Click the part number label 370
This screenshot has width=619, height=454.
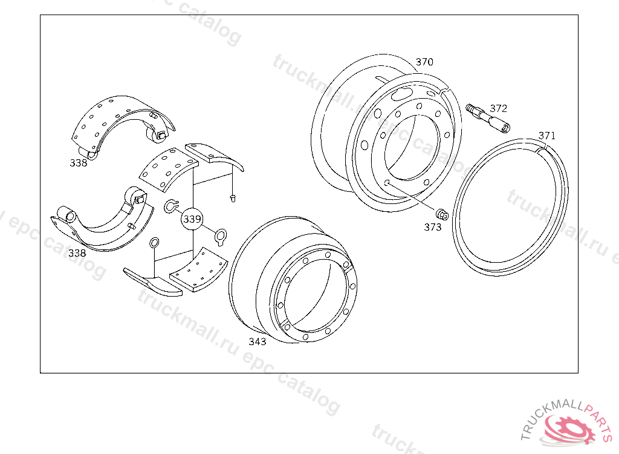[x=424, y=62]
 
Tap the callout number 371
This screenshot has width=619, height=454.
[x=546, y=136]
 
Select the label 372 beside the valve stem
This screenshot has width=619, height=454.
[x=499, y=108]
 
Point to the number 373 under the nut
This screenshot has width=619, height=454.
[x=433, y=227]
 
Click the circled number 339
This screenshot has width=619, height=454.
[x=192, y=219]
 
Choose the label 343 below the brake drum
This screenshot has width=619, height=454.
[x=258, y=341]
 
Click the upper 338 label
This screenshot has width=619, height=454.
[x=78, y=163]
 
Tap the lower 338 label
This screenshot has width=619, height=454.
[x=77, y=253]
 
